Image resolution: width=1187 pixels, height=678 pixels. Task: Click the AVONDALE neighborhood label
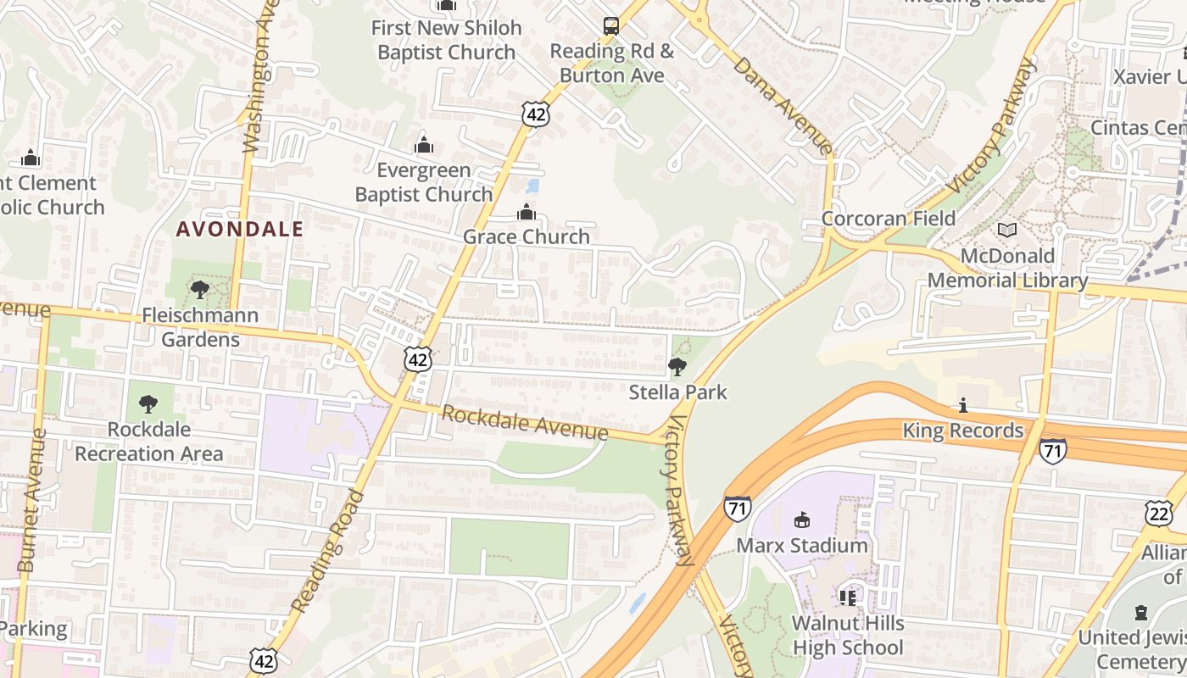pos(240,229)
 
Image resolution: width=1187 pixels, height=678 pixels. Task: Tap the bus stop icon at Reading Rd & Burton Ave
pos(610,25)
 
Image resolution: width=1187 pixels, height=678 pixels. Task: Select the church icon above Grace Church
pos(527,212)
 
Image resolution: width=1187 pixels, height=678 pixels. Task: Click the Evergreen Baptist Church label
pos(424,182)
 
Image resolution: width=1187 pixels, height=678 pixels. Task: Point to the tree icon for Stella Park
pos(677,367)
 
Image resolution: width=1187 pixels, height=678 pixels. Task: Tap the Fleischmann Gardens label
pos(201,328)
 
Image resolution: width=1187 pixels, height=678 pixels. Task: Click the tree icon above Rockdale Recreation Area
pos(148,403)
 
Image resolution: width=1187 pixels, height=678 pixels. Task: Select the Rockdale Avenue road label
pos(525,423)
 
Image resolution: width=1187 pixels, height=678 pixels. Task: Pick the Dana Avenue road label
pos(783,105)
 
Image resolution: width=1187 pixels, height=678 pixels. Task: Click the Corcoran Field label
pos(889,219)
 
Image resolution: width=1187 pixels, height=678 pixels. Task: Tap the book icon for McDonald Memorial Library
pos(1007,231)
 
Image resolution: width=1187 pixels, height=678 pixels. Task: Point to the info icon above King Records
pos(962,406)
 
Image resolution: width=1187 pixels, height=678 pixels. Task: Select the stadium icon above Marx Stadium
pos(801,520)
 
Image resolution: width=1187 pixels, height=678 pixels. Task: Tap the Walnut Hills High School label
pos(848,636)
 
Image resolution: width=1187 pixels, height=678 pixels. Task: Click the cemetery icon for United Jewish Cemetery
pos(1141,612)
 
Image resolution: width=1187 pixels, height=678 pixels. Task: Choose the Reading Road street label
pos(328,551)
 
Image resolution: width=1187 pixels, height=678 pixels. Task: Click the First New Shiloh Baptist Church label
pos(447,40)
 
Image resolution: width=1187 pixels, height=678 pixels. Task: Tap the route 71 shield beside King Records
pos(1052,450)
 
